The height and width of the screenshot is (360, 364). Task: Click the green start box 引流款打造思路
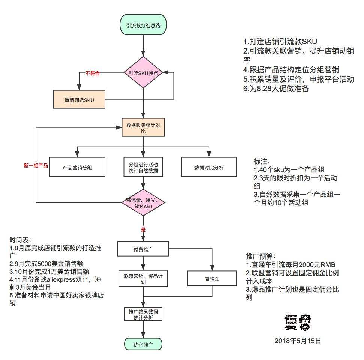coord(143,25)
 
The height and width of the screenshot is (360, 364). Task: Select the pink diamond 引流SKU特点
coord(143,73)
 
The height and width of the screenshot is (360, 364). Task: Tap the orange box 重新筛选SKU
coord(79,100)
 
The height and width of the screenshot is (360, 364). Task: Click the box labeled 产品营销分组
coord(77,168)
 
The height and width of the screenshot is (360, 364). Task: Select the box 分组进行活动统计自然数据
coord(143,168)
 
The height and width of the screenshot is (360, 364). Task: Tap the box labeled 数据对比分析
coord(209,168)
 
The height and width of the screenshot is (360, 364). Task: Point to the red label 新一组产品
coord(36,165)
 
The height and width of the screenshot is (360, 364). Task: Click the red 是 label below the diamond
coord(143,230)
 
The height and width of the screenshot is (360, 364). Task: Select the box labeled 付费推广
coord(143,248)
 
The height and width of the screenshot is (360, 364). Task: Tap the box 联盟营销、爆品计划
coord(143,279)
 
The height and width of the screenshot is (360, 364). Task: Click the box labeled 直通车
coord(212,279)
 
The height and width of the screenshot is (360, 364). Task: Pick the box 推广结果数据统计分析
coord(143,314)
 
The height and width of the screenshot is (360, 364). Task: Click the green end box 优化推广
coord(143,344)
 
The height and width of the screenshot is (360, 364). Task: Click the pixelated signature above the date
coord(298,321)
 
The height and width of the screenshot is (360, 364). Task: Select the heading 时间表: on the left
coord(21,240)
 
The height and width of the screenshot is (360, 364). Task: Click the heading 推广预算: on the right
coord(260,257)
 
